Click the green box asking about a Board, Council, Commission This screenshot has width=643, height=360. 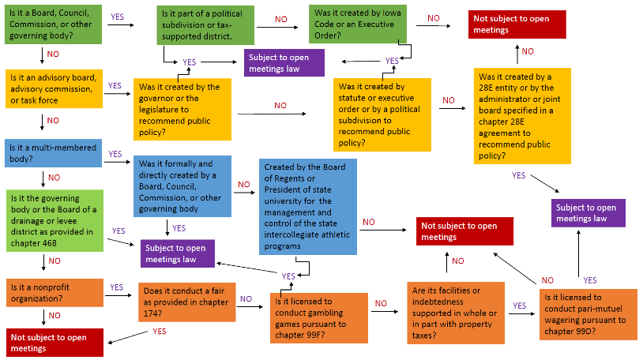pos(51,24)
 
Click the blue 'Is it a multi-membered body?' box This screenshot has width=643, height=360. pos(51,153)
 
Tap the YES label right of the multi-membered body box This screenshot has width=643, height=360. pos(115,154)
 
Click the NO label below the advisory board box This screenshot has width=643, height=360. pos(53,120)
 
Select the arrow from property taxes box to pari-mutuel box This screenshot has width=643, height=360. pos(521,313)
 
